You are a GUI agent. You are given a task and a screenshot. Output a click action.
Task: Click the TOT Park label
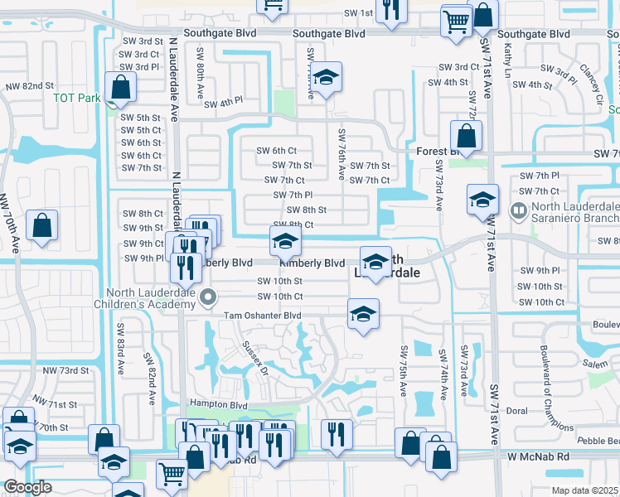click(77, 98)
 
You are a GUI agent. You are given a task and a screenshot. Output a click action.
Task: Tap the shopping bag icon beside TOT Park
click(121, 88)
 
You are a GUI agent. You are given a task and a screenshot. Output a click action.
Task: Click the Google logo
click(27, 487)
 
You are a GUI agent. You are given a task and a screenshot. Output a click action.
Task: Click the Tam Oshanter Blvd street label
click(261, 316)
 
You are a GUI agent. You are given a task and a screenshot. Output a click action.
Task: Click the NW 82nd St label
click(29, 85)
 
